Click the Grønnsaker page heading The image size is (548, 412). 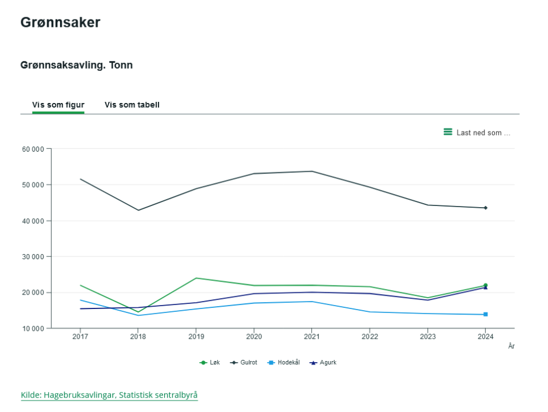[x=61, y=22]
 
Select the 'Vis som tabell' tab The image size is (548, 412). [x=132, y=105]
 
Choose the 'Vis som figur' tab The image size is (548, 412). [x=58, y=105]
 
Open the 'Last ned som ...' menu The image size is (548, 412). [x=477, y=132]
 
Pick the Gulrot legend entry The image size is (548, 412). [x=244, y=362]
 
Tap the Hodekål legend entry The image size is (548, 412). [x=284, y=362]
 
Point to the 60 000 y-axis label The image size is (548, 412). [x=33, y=149]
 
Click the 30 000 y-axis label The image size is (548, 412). [x=33, y=257]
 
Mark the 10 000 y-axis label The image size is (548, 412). [x=33, y=328]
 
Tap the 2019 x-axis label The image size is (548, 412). [x=196, y=336]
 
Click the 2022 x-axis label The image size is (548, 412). [x=370, y=336]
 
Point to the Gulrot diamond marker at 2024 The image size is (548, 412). [x=485, y=208]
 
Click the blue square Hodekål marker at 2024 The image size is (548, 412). [x=485, y=314]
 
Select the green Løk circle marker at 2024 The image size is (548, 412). [x=485, y=286]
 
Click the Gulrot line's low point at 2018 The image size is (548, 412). [x=138, y=210]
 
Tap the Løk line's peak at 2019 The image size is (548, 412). [x=196, y=278]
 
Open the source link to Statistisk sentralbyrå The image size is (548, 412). [x=109, y=395]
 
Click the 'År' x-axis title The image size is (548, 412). [x=511, y=346]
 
